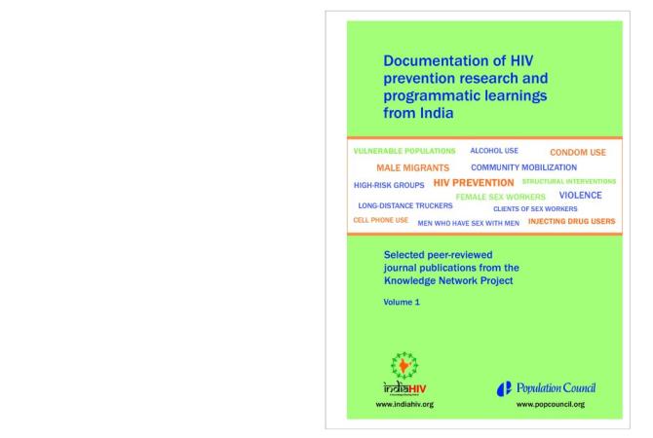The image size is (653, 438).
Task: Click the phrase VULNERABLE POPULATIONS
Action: [x=403, y=152]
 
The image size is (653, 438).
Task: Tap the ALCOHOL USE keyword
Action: [x=494, y=152]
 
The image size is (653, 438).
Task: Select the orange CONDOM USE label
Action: [x=578, y=153]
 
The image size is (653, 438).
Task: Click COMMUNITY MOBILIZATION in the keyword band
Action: [x=523, y=167]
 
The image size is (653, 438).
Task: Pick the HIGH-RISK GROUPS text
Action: [x=389, y=184]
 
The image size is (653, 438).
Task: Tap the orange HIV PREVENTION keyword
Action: [x=474, y=183]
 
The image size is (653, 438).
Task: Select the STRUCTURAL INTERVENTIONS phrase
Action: [x=569, y=181]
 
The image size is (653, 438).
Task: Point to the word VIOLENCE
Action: [x=581, y=195]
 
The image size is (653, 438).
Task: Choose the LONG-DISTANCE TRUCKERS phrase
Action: [x=405, y=206]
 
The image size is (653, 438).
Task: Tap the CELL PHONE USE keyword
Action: [x=380, y=220]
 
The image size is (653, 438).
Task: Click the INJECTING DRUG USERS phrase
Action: [x=572, y=221]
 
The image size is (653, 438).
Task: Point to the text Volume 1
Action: [x=402, y=303]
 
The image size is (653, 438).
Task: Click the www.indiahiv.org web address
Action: [x=403, y=403]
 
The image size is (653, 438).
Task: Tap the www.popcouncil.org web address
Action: [x=551, y=403]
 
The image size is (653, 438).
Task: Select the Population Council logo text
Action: [x=556, y=388]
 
